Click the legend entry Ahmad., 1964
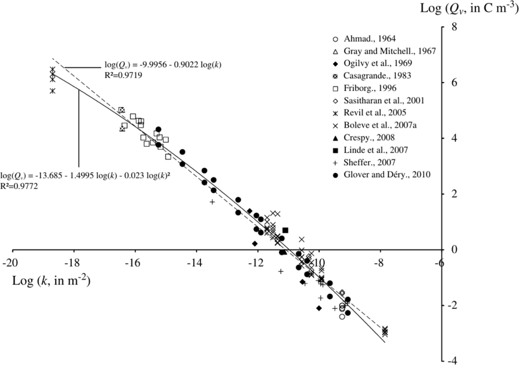coord(370,39)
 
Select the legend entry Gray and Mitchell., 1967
coord(390,51)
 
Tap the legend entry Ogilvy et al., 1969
coord(378,63)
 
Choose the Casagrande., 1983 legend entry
coord(377,76)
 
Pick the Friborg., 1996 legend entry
coord(370,88)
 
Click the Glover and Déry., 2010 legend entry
coord(387,175)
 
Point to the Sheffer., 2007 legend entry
coord(369,163)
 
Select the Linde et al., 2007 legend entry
coord(376,150)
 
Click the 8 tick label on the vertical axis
coord(454,27)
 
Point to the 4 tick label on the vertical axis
coord(454,138)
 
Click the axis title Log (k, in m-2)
coord(51,281)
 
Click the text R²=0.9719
coord(123,75)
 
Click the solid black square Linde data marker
coord(285,230)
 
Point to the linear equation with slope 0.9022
coord(163,65)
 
